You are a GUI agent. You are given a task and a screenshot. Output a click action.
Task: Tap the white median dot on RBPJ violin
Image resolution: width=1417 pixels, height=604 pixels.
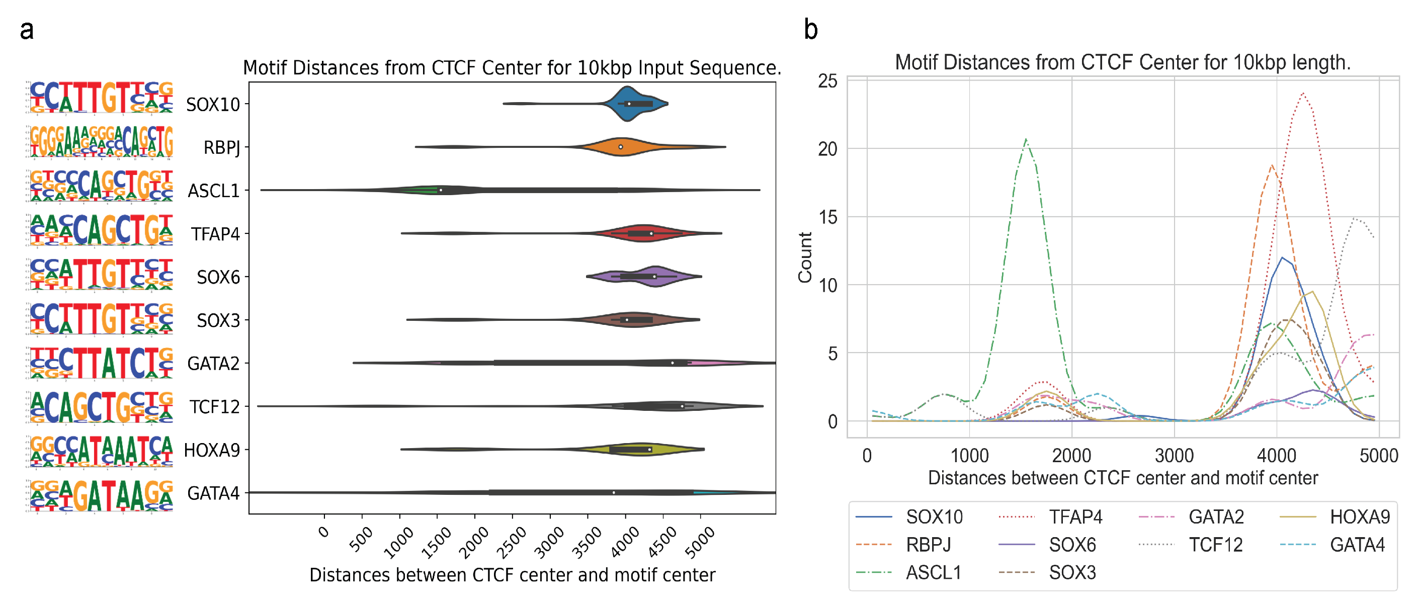(x=621, y=147)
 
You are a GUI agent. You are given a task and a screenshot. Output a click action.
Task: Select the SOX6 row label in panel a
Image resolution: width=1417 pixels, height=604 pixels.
(x=218, y=277)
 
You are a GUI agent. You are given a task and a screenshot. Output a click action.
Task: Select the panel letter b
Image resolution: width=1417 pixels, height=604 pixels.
(x=810, y=30)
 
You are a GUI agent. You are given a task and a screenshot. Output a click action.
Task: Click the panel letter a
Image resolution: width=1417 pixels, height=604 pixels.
(x=26, y=30)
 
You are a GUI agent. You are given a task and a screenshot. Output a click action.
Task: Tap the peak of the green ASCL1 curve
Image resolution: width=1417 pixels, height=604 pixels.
(x=1025, y=140)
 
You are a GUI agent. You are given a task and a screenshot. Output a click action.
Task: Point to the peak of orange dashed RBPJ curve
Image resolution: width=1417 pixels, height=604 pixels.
(x=1272, y=165)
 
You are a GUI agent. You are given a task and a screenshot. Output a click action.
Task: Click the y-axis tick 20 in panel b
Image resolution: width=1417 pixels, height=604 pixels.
(x=827, y=149)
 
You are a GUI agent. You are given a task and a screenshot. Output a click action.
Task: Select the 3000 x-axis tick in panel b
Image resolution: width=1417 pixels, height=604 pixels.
(x=1174, y=456)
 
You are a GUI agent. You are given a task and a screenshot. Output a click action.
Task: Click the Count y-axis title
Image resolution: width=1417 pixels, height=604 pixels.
(x=805, y=257)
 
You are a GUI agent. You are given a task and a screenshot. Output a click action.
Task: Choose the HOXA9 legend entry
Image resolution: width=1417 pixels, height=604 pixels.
(x=1359, y=517)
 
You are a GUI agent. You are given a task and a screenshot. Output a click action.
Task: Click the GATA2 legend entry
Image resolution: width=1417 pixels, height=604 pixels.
(x=1216, y=517)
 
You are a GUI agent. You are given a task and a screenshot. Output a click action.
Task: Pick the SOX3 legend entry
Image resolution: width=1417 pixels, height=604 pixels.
(x=1072, y=573)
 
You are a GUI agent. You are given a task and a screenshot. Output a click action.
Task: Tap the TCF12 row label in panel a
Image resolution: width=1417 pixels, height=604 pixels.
(x=214, y=407)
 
